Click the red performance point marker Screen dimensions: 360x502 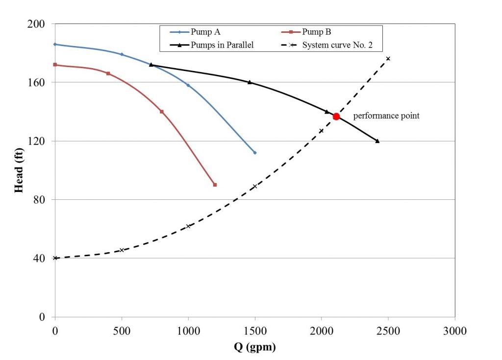(336, 116)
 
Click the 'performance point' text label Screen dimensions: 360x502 (386, 116)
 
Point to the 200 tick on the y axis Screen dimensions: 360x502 (38, 24)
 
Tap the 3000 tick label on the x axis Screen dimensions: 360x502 (455, 331)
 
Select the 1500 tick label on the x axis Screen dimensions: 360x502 (255, 331)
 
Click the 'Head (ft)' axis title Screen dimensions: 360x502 (19, 170)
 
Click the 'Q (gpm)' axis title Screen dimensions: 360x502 (254, 348)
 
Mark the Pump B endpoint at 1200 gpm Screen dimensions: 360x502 (215, 185)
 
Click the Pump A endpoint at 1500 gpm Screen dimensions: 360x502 (255, 153)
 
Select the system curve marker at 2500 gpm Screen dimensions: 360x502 (388, 59)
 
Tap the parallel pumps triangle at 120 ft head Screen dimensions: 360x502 (377, 141)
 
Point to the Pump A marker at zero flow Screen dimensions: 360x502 (55, 44)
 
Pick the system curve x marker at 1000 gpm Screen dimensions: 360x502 (188, 226)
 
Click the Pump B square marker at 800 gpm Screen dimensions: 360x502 (162, 112)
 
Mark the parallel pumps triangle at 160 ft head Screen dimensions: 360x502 (250, 82)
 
